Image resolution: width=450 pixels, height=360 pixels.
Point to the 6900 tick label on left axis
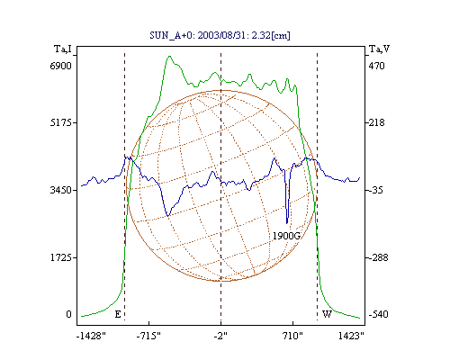coord(60,66)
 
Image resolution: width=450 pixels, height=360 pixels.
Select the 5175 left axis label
coord(60,122)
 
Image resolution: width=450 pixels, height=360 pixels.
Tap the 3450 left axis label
coord(60,190)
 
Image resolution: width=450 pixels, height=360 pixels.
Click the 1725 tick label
coord(60,257)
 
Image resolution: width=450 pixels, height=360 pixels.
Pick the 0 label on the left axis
coord(68,314)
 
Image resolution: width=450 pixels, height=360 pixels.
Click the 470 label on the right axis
coord(376,66)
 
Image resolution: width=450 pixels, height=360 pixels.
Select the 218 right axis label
coord(376,122)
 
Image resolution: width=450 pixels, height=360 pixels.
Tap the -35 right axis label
coord(375,190)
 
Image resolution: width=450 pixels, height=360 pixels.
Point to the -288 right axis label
coord(378,257)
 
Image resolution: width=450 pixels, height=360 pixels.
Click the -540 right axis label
coord(378,314)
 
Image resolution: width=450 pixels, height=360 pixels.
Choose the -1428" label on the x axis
coord(91,336)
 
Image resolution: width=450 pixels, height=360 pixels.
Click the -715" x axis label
coord(148,336)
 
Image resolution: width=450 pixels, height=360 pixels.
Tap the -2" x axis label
coord(220,336)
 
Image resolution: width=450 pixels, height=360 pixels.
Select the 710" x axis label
coord(292,336)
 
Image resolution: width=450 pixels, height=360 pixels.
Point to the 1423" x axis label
coord(351,336)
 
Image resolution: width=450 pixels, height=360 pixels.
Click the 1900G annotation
coord(286,236)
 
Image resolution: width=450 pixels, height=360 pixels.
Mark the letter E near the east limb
coord(118,314)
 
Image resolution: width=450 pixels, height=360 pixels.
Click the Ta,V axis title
coord(379,49)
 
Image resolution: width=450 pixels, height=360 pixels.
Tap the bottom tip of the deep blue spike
coord(287,223)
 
